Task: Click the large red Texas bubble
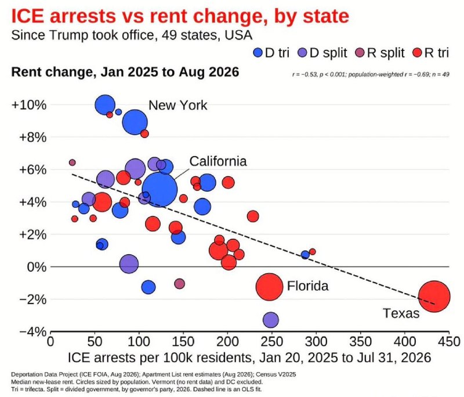434,297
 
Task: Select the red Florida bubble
269,287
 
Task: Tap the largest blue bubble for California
159,189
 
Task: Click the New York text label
177,106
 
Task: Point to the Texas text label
401,313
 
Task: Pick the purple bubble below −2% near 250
270,320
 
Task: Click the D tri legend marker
258,53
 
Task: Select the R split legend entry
380,53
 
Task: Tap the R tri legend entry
431,53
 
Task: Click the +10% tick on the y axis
29,105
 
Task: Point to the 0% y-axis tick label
37,267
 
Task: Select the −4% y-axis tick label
33,331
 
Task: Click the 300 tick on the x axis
316,342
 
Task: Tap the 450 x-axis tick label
449,342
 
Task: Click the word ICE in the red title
28,16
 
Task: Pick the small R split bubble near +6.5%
72,163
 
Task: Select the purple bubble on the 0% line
129,264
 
